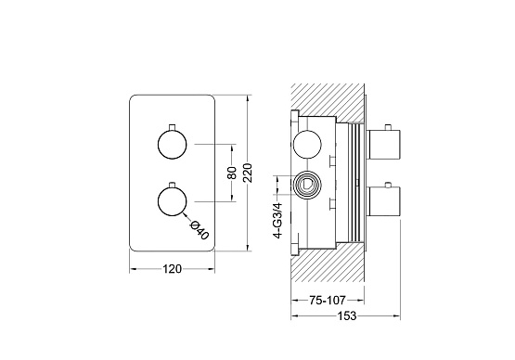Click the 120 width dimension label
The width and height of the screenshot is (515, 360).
(172, 269)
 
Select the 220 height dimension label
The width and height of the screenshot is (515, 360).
(249, 173)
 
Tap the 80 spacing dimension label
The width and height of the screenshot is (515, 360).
(232, 173)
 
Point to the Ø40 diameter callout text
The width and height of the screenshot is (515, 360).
(200, 230)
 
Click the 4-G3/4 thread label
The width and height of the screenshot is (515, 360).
(277, 221)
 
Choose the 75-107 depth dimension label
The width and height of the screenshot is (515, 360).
(328, 300)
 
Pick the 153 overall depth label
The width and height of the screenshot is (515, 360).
(347, 316)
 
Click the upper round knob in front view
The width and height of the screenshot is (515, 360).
(172, 145)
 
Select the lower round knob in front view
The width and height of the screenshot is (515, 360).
(172, 201)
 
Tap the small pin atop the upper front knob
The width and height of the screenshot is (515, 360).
(172, 127)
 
